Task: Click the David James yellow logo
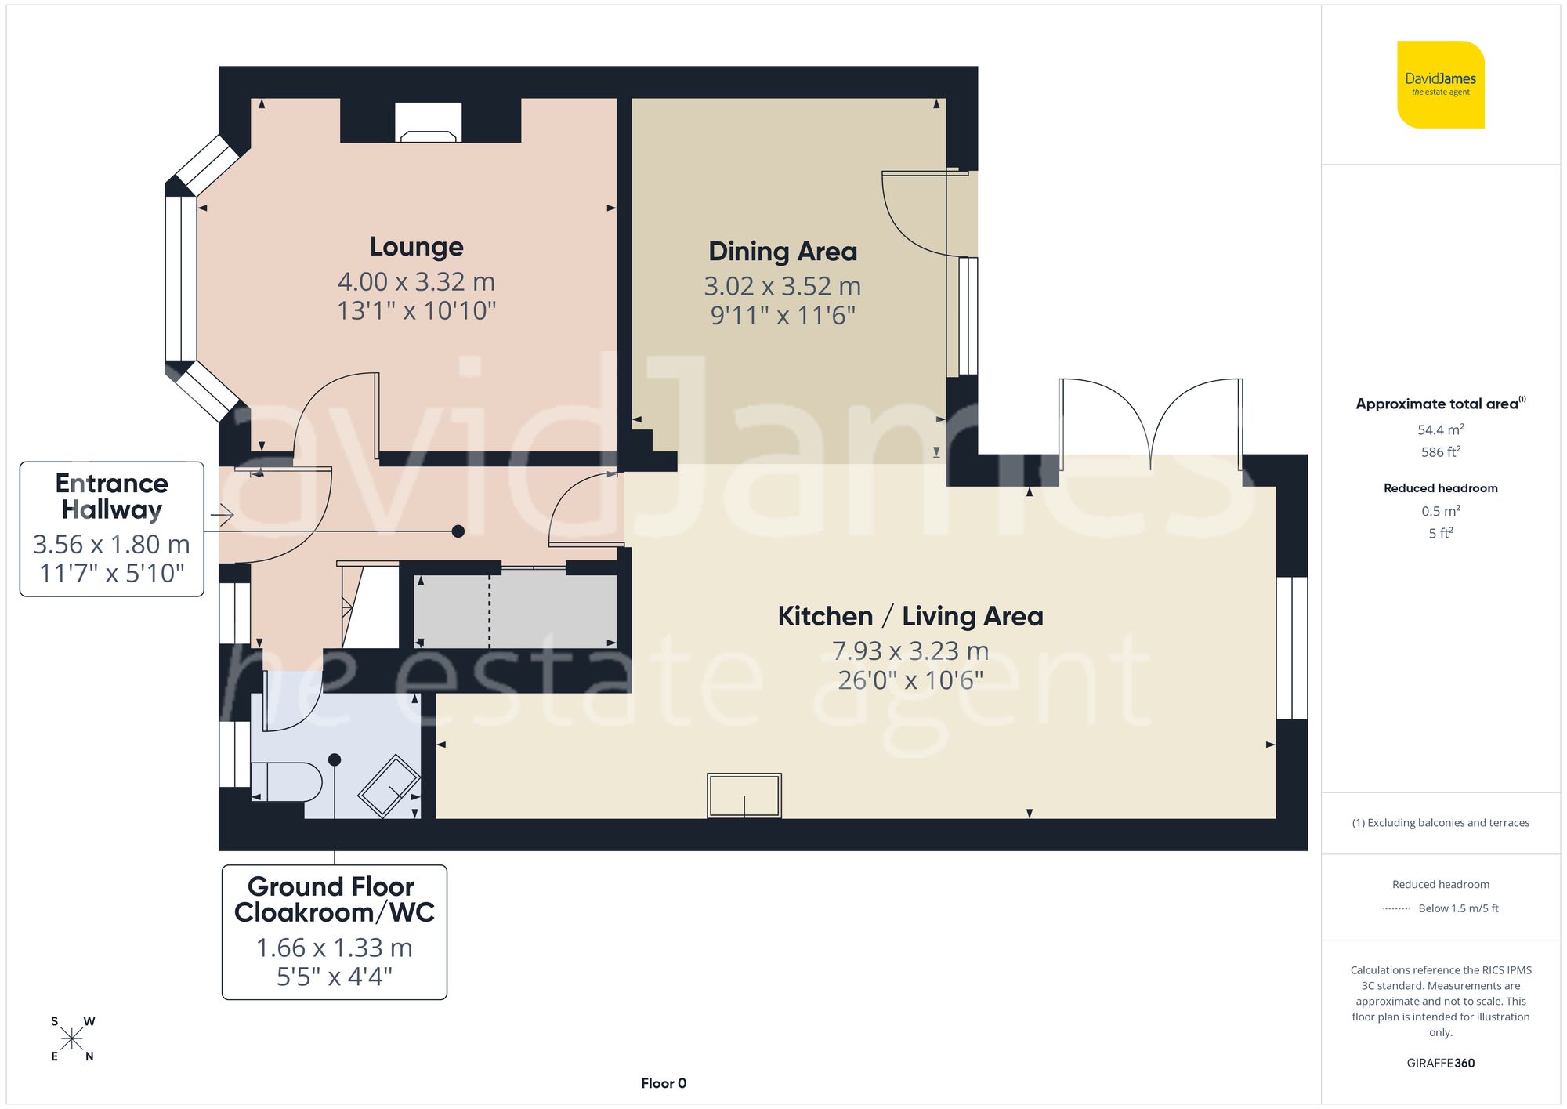[1440, 85]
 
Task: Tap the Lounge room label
[416, 247]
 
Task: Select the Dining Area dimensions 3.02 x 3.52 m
[782, 286]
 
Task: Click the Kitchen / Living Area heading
[910, 616]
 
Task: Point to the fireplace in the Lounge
[428, 124]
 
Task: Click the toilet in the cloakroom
[286, 781]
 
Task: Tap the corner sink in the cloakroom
[389, 786]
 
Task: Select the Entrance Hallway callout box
[111, 529]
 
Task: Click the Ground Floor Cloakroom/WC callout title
[334, 900]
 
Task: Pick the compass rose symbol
[72, 1039]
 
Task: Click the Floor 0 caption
[663, 1083]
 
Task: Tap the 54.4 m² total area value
[1440, 429]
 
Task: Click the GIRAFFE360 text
[1440, 1063]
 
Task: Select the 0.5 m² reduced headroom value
[1440, 511]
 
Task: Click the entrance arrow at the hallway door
[223, 515]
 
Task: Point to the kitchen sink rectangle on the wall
[744, 796]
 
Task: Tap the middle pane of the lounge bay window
[181, 277]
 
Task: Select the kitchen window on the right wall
[1291, 648]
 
